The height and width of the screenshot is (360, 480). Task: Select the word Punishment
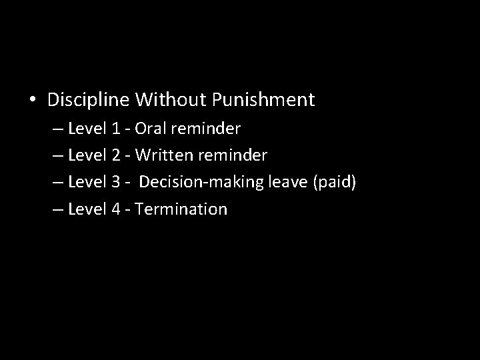pyautogui.click(x=263, y=101)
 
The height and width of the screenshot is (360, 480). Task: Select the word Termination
pyautogui.click(x=181, y=209)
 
